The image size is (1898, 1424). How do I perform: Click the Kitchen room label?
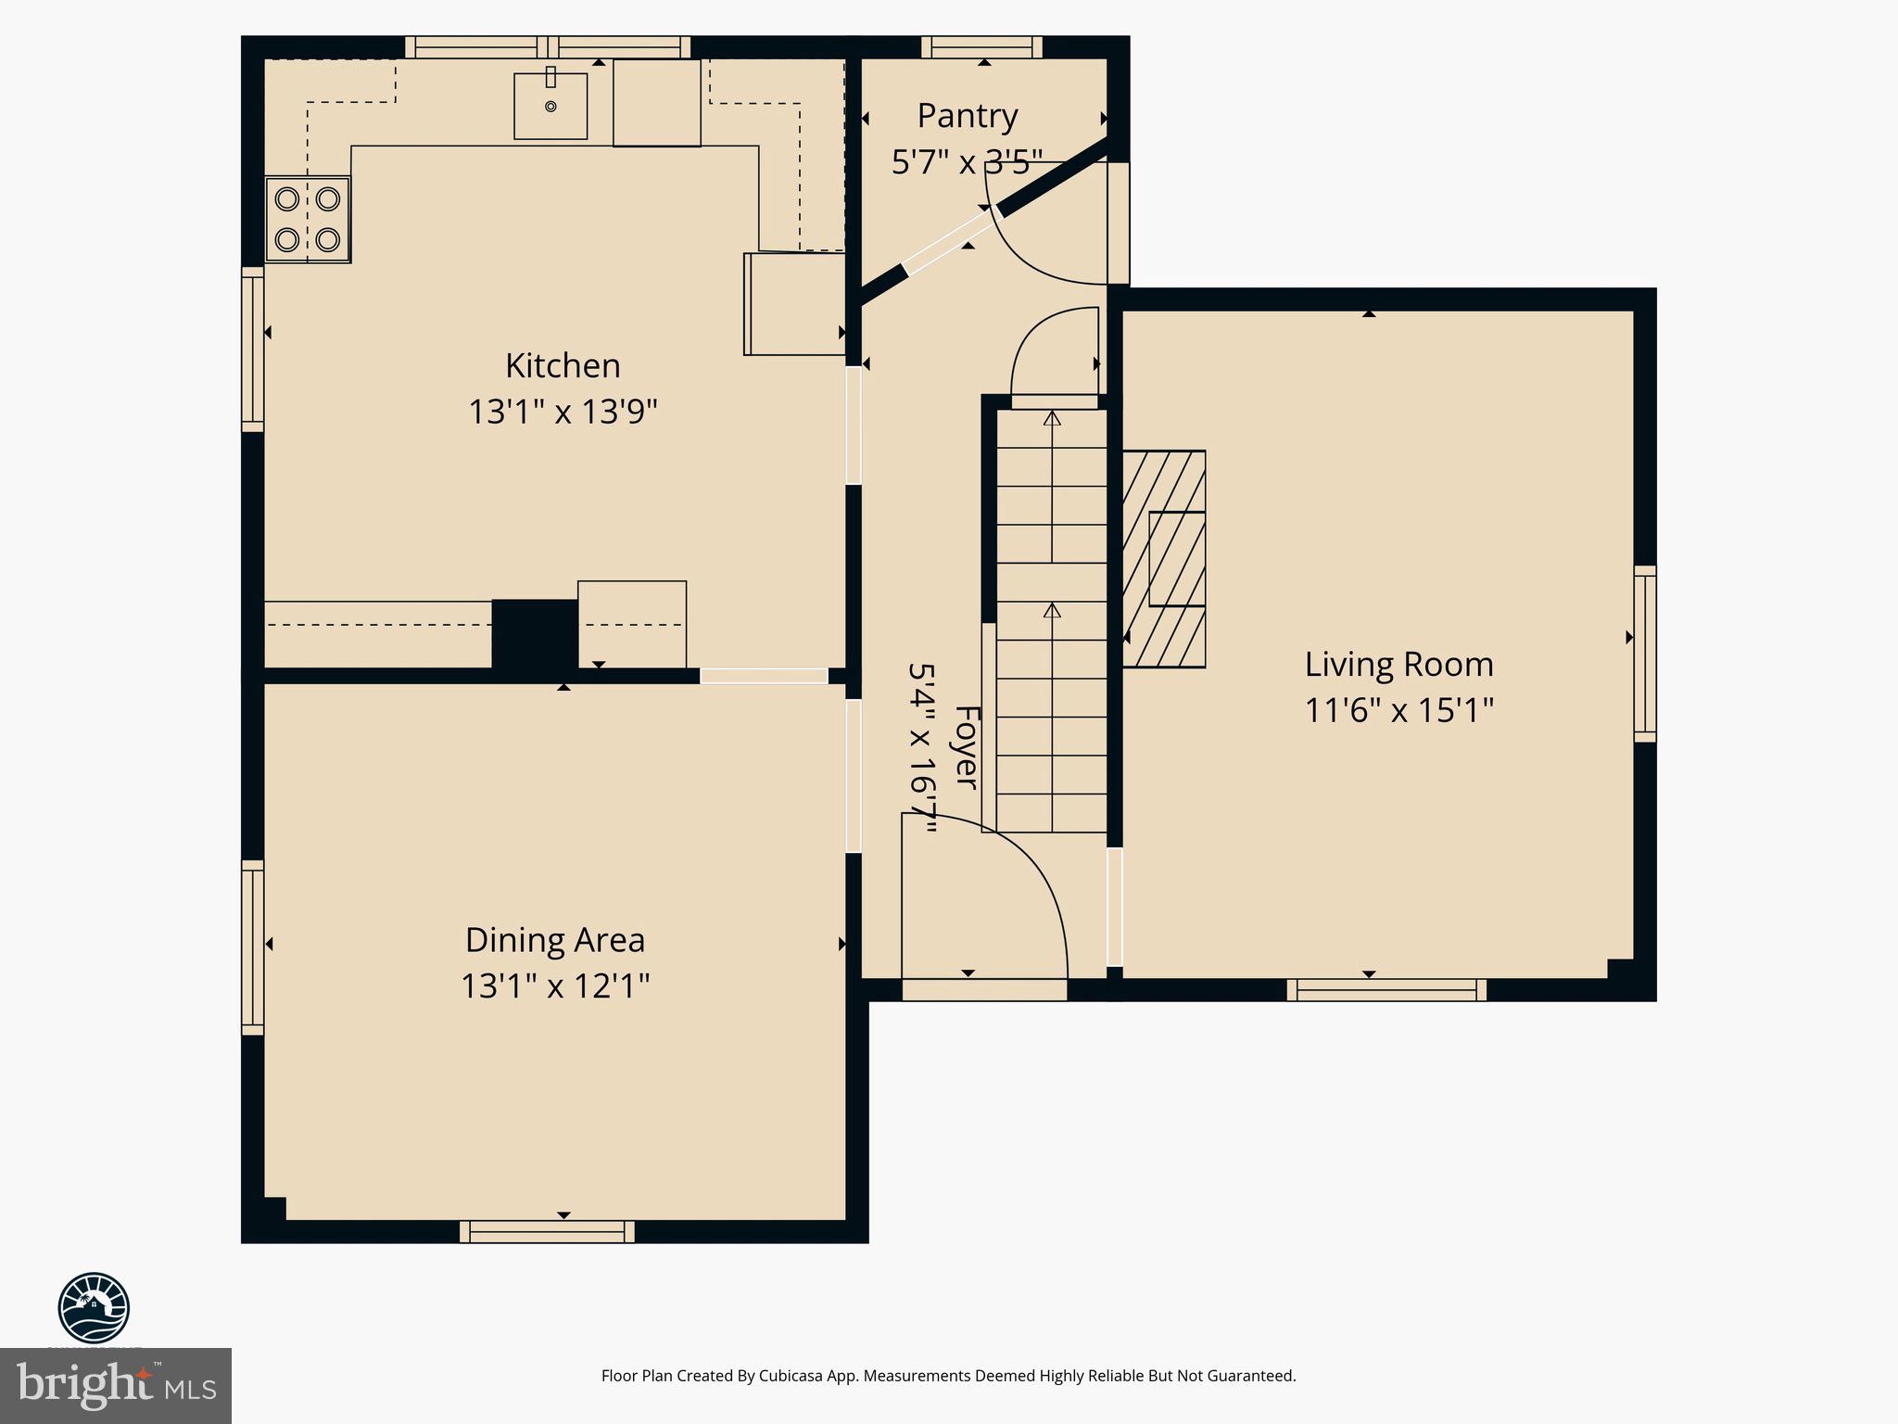(562, 365)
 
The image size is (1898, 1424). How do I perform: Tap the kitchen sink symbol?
(550, 106)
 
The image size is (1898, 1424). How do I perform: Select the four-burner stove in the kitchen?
(308, 220)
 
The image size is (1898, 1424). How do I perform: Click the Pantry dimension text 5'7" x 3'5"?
(967, 162)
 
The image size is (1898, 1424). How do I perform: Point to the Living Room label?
(1398, 664)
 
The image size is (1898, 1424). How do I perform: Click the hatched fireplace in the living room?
(1164, 559)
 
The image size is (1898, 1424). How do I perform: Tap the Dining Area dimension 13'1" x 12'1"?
(554, 985)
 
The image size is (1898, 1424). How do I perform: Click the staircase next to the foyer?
(1052, 621)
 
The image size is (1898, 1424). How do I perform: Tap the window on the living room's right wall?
(1644, 654)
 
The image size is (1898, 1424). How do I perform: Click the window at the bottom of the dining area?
(547, 1232)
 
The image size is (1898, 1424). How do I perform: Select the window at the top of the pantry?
(981, 47)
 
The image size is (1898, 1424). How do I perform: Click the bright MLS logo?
(115, 1385)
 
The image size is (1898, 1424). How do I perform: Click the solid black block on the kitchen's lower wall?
(535, 634)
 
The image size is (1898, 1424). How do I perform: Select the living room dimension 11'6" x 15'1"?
(1398, 710)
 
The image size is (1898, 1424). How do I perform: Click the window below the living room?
(1386, 990)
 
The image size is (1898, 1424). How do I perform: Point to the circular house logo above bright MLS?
(94, 1307)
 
